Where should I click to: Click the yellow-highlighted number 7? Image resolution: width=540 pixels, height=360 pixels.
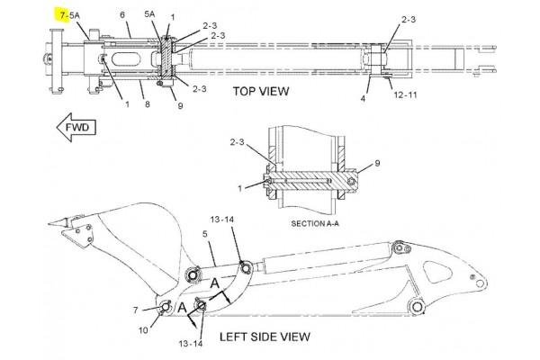(x=62, y=16)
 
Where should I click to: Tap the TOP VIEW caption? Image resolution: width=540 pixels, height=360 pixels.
(x=260, y=91)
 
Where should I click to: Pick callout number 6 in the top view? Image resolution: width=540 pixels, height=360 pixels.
(x=121, y=15)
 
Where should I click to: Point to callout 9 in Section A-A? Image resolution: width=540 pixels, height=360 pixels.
(x=377, y=163)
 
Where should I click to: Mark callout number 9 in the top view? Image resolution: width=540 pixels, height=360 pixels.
(x=180, y=105)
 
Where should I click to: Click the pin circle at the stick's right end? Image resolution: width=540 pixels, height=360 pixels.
(x=417, y=308)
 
